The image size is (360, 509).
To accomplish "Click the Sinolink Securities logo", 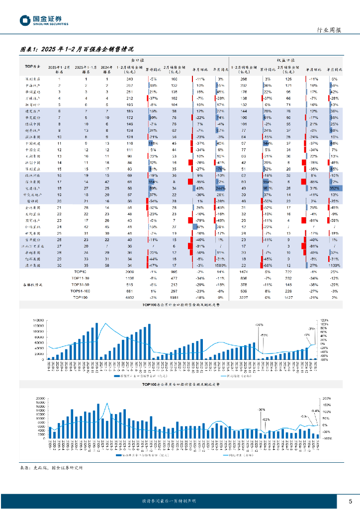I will (x=44, y=20).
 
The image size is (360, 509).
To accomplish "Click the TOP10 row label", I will (x=80, y=272).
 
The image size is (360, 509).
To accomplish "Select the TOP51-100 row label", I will (x=80, y=290).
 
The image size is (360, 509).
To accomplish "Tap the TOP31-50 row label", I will (x=80, y=284).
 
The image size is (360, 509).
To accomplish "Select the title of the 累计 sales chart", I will (x=180, y=304).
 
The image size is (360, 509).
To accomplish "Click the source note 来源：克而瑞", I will (x=51, y=468).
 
